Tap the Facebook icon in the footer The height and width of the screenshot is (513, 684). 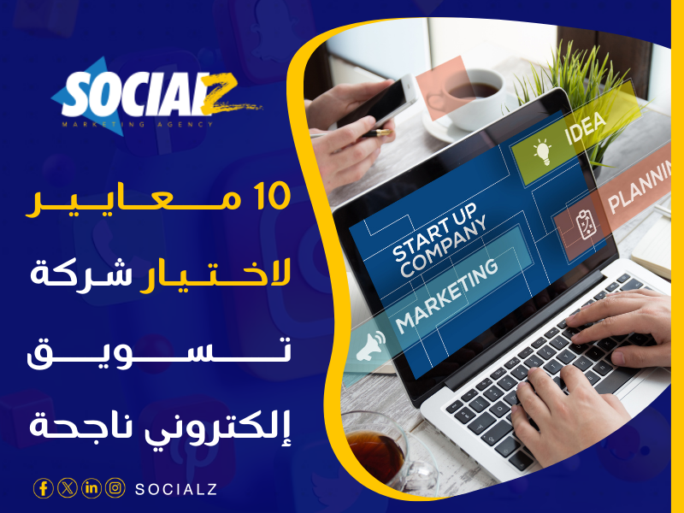pyautogui.click(x=43, y=488)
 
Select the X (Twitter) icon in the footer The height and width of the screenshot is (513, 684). pyautogui.click(x=68, y=488)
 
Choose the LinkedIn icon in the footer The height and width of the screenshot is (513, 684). pyautogui.click(x=91, y=488)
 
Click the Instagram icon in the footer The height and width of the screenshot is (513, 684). pyautogui.click(x=115, y=488)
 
